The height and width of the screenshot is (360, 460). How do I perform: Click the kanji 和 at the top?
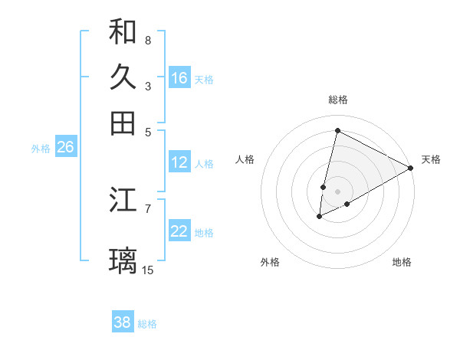click(x=123, y=31)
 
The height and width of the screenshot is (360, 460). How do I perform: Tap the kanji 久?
click(x=123, y=77)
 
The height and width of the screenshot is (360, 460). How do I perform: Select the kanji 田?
click(x=123, y=123)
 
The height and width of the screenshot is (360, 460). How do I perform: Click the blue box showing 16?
click(x=179, y=78)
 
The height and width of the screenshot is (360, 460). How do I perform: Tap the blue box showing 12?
click(x=179, y=162)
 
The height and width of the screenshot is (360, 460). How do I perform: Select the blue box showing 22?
click(x=179, y=231)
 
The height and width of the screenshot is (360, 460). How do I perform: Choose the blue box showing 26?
click(x=65, y=148)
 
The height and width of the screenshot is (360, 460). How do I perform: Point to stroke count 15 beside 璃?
click(x=148, y=270)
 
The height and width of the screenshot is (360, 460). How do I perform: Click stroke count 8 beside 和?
click(x=148, y=40)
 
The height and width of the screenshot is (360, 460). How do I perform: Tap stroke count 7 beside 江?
click(x=148, y=208)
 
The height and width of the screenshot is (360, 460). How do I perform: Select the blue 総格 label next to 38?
click(x=147, y=324)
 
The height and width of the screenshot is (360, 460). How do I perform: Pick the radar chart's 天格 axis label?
click(x=431, y=159)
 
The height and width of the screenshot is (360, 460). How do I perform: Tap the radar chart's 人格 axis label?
click(x=245, y=159)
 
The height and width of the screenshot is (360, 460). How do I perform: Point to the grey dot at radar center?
click(x=338, y=191)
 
